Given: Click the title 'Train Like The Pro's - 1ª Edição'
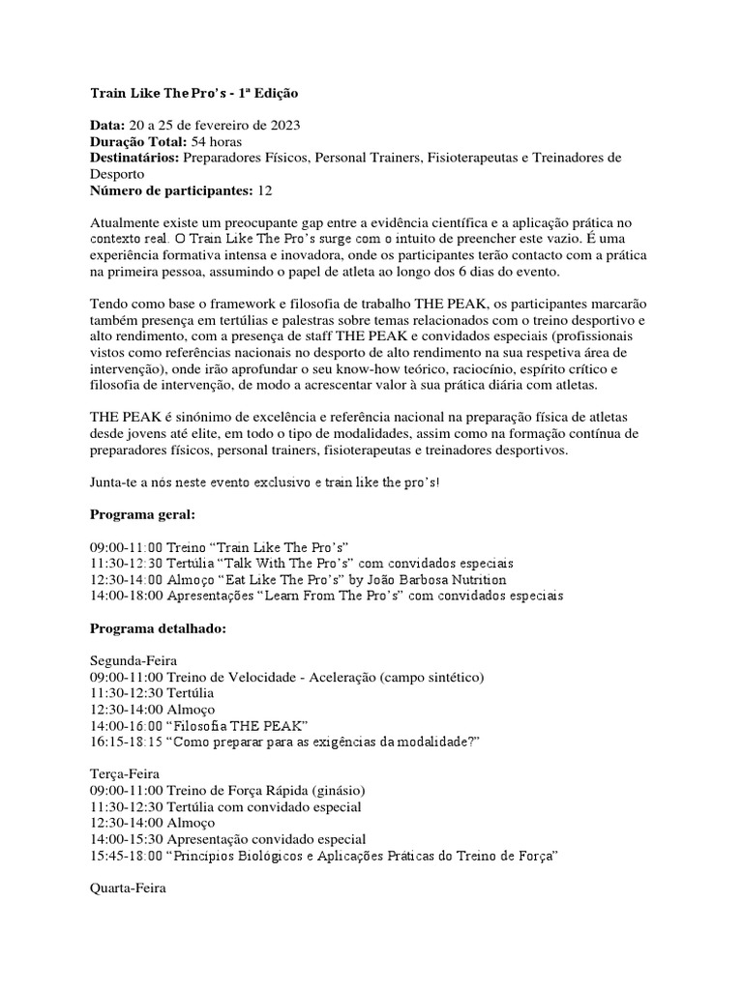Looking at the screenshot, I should coord(194,94).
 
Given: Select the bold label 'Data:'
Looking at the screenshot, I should coord(106,126).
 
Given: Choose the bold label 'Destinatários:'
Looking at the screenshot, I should coord(134,158).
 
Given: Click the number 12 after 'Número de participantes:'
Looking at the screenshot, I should coord(265,189).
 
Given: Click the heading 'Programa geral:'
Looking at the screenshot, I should coord(142,513).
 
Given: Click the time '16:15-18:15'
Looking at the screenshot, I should coord(127,741).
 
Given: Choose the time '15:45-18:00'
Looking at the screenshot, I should coord(127,855).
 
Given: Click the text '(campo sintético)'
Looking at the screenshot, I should coord(429,676).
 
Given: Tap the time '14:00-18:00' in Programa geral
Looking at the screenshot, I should coord(127,596).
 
